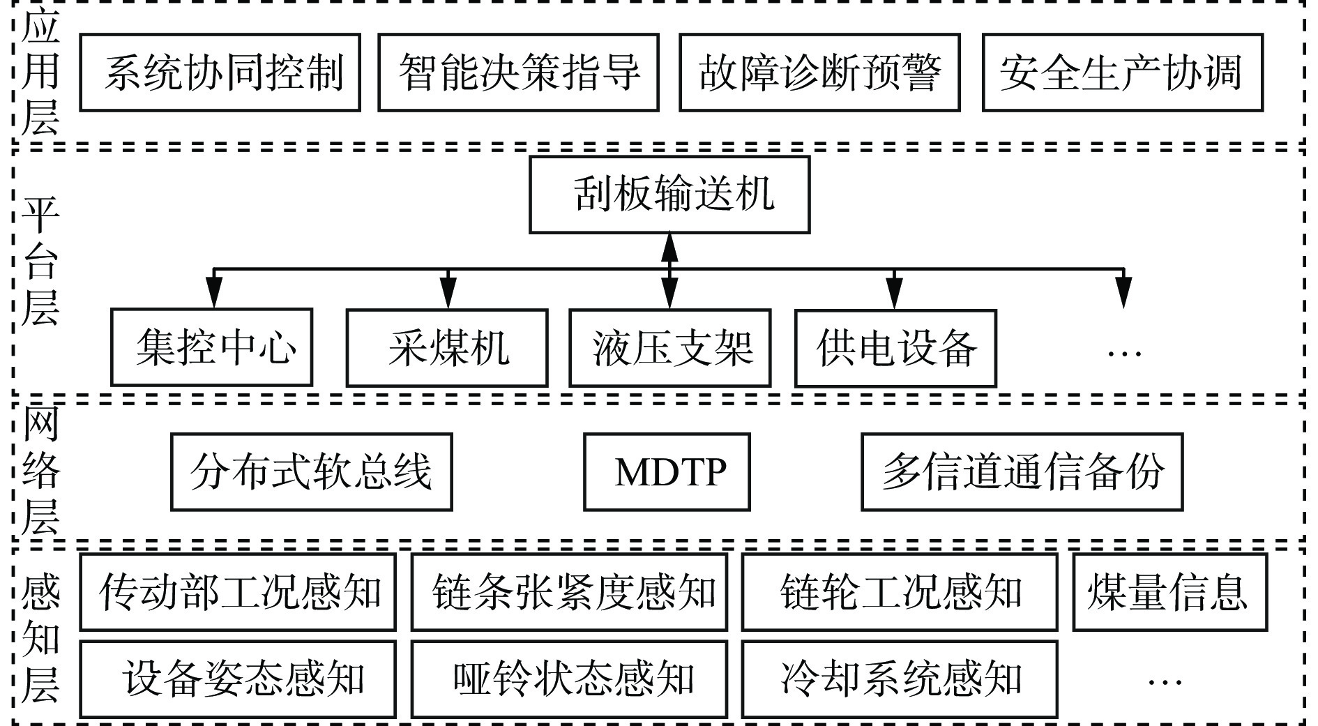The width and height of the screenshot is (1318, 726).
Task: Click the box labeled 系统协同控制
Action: [x=220, y=73]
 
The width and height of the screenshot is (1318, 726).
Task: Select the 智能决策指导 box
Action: [x=518, y=73]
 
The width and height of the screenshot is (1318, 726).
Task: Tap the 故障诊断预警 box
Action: [x=819, y=73]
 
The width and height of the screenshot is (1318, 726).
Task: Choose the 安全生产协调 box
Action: [x=1122, y=73]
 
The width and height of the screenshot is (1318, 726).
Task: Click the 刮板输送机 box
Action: [x=669, y=195]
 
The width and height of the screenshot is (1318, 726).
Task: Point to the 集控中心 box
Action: [x=211, y=347]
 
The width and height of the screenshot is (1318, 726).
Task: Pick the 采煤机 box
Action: [x=447, y=347]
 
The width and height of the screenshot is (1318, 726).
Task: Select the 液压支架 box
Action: [x=670, y=347]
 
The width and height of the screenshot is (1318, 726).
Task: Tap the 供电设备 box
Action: [x=895, y=347]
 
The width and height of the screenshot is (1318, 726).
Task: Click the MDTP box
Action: [x=667, y=472]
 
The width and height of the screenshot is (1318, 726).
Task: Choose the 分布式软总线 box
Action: [x=312, y=472]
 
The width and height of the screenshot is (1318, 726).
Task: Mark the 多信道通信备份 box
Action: [x=1022, y=472]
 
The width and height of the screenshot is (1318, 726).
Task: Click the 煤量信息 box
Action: [x=1169, y=592]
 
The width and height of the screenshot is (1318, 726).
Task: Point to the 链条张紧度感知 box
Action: [x=569, y=592]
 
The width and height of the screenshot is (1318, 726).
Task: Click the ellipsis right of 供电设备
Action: [x=1123, y=353]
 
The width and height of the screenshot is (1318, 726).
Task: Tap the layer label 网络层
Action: [x=40, y=472]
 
